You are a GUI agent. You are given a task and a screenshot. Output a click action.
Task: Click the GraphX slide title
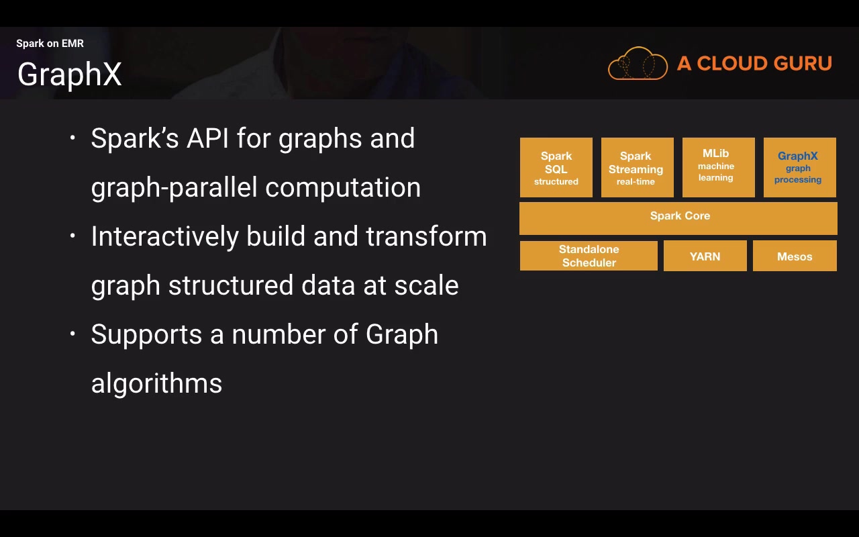[x=69, y=74]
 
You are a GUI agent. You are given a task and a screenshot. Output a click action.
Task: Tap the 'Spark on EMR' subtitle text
[x=50, y=44]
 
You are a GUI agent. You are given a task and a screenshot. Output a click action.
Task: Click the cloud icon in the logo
[x=638, y=64]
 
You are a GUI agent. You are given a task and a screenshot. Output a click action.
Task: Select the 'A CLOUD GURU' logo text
[x=754, y=64]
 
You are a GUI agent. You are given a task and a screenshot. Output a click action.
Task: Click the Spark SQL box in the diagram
[x=556, y=168]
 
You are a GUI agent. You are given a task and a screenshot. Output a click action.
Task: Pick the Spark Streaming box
[x=637, y=168]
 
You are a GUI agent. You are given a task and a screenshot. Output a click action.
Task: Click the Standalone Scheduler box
[x=589, y=256]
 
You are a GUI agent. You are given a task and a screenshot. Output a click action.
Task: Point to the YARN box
[x=705, y=256]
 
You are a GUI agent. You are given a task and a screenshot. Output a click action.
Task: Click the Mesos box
[x=795, y=256]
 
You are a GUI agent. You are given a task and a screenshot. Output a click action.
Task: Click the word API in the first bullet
[x=208, y=139]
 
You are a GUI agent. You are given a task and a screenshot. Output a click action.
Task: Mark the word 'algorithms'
[x=156, y=384]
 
